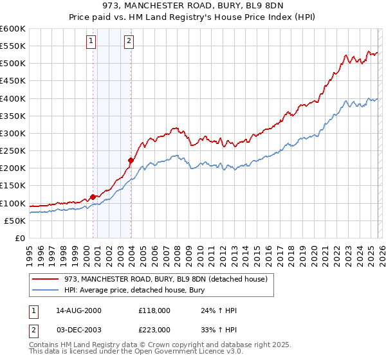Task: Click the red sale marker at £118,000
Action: coord(93,197)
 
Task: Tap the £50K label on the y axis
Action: coord(15,221)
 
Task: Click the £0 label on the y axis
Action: coord(19,238)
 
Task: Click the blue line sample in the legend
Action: coord(46,290)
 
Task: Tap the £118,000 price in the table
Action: coord(154,310)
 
